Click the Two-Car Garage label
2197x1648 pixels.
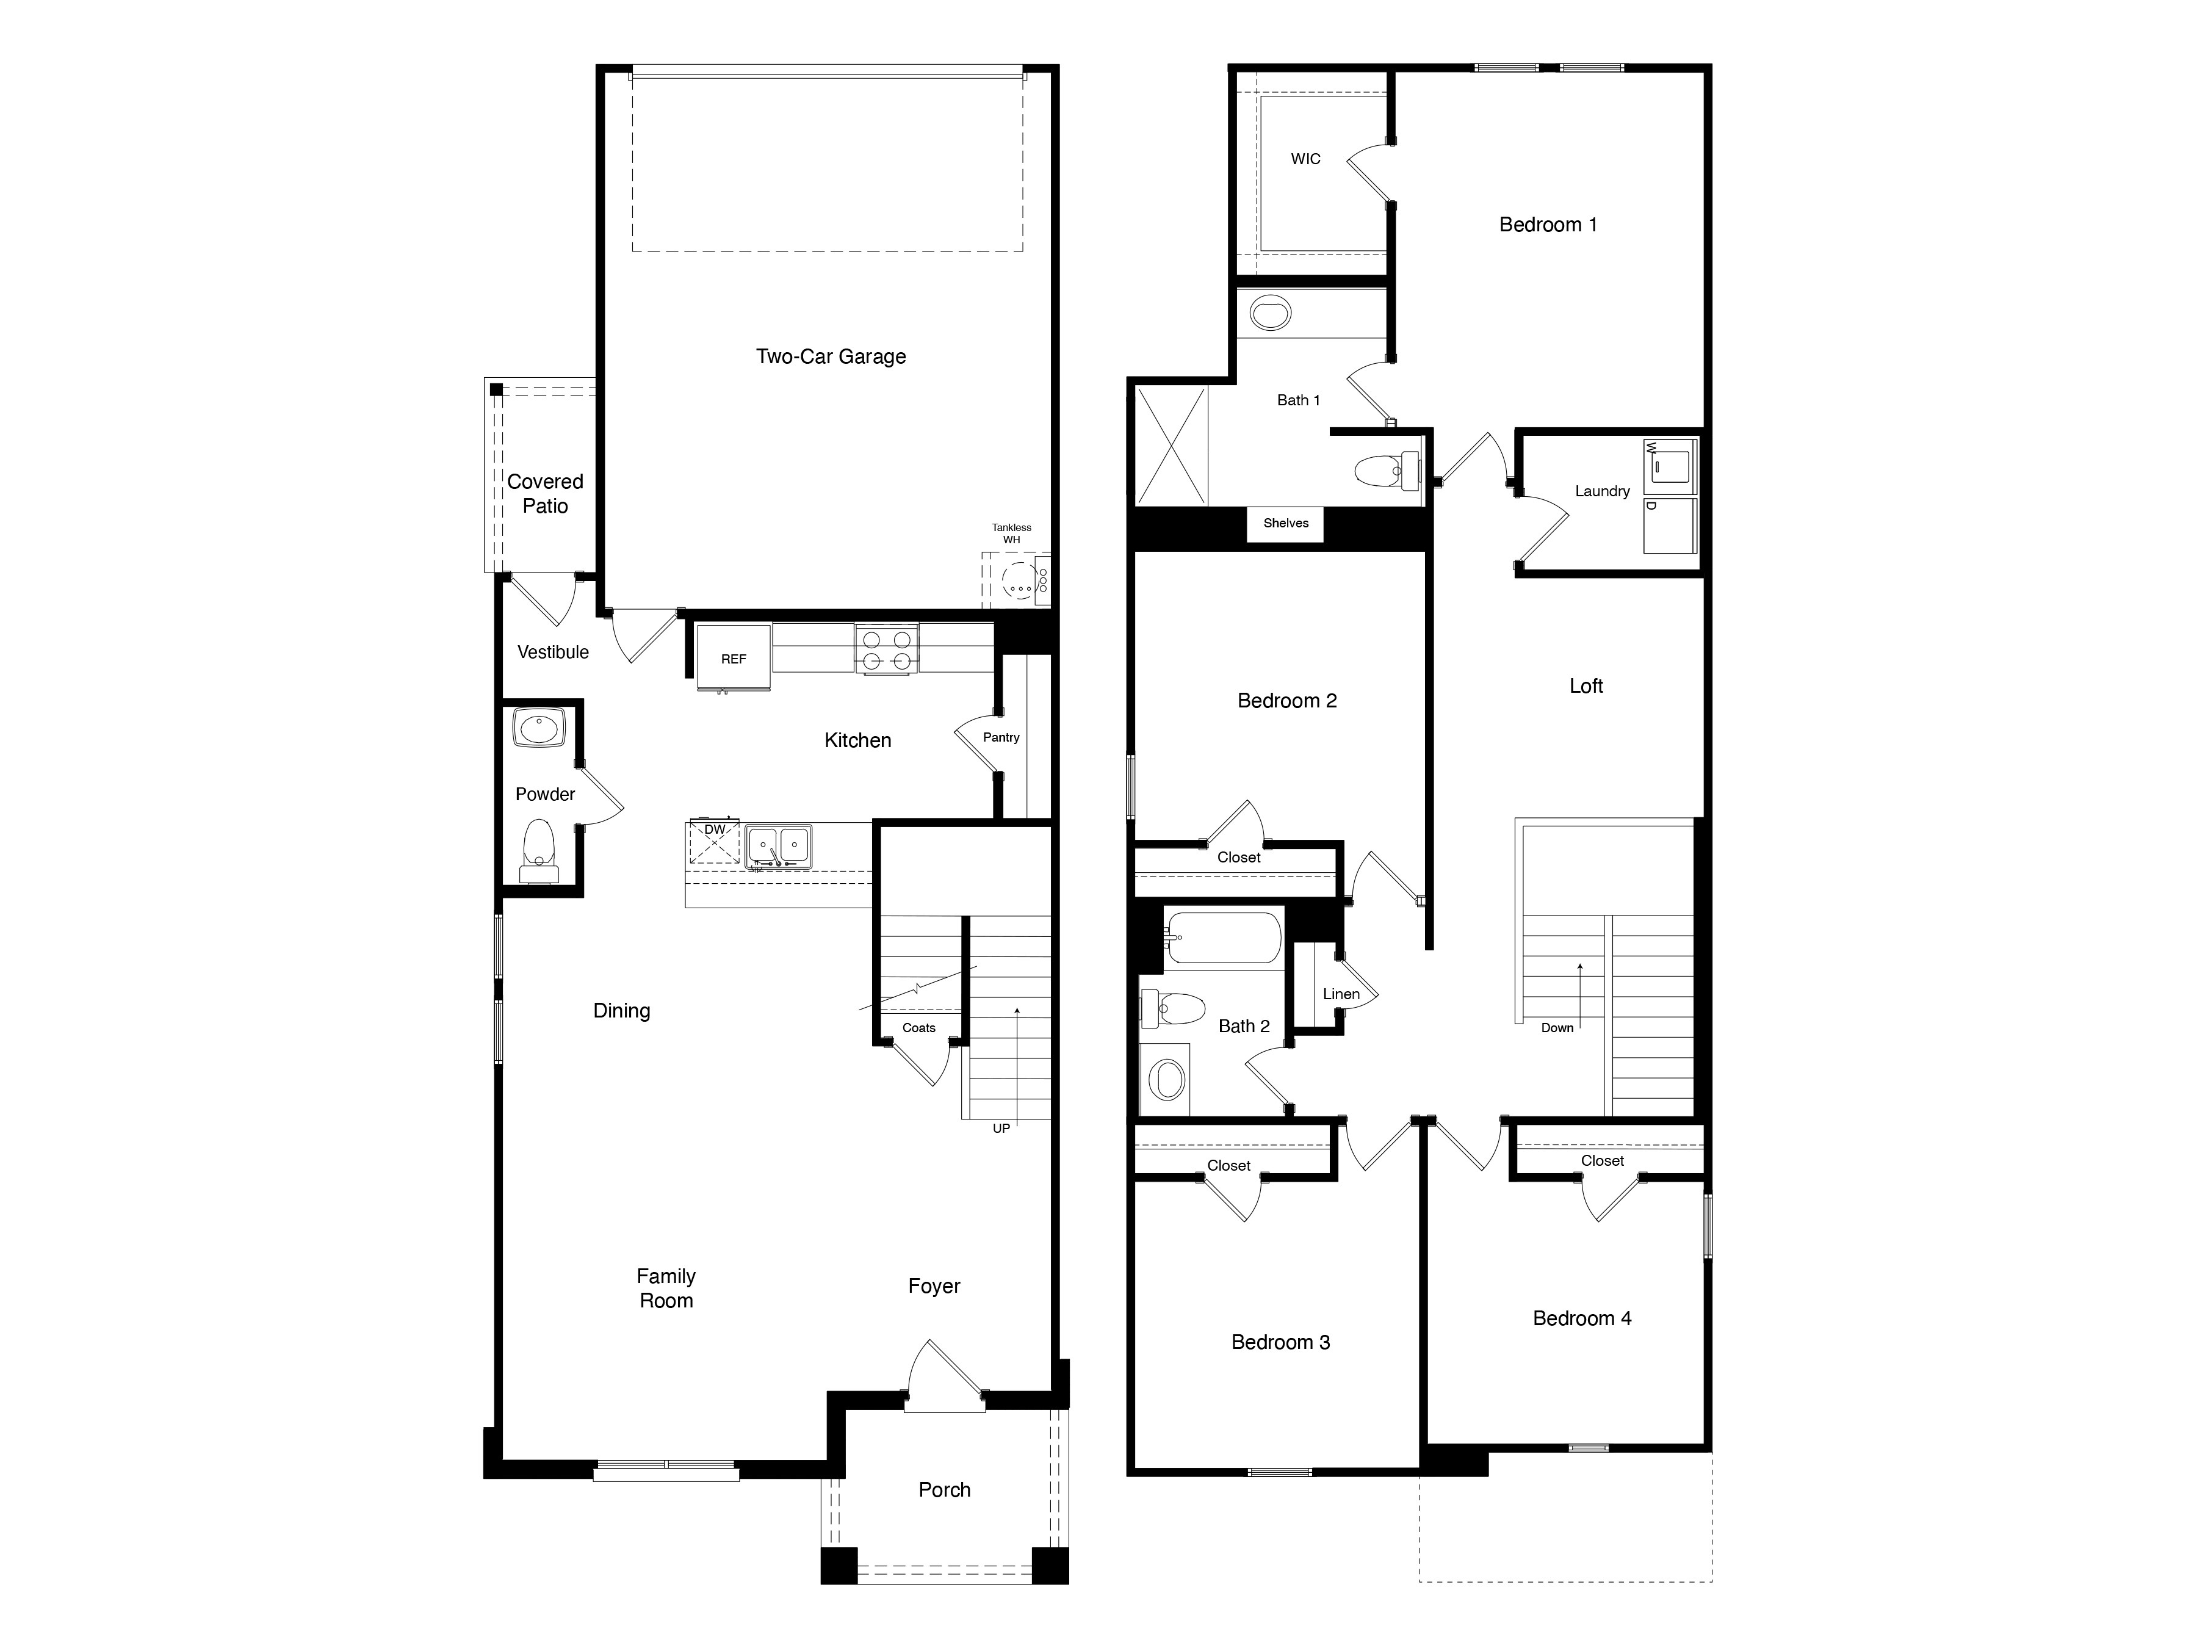coord(831,356)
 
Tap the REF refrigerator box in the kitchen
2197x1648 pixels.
coord(733,657)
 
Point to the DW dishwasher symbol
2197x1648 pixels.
coord(714,842)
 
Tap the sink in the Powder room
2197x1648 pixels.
coord(538,727)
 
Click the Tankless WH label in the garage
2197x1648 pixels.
coord(1011,533)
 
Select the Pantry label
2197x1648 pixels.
coord(1001,737)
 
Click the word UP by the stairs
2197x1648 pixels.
coord(1001,1129)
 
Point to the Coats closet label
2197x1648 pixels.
coord(918,1028)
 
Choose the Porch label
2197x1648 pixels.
coord(943,1490)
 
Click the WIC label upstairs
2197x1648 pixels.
coord(1305,159)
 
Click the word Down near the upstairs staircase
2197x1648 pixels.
coord(1556,1028)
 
